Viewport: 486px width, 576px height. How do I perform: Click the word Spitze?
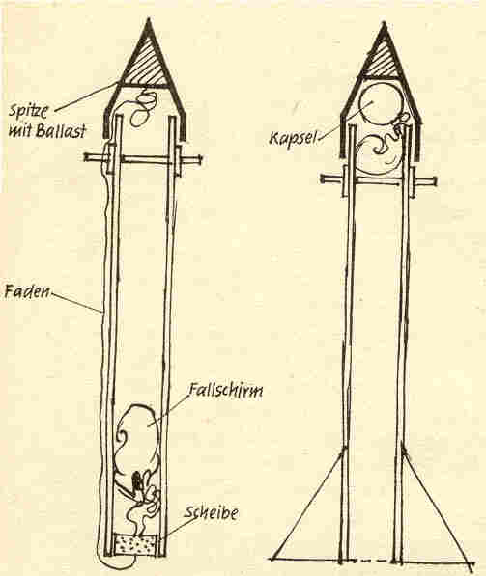coord(28,110)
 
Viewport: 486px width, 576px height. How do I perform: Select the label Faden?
coord(26,291)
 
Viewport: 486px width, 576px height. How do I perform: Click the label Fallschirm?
coord(225,391)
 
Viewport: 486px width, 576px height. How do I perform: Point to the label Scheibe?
coord(211,512)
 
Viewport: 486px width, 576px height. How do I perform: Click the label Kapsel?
coord(293,138)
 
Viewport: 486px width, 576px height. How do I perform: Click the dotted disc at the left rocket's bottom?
coord(135,545)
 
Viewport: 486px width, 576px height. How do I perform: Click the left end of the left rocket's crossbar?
coord(85,157)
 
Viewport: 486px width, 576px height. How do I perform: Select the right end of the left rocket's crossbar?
coord(201,158)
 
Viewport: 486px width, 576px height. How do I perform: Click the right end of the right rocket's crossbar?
coord(435,180)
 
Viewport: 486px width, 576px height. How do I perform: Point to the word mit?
coord(20,130)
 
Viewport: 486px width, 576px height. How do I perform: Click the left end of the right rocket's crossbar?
coord(323,178)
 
